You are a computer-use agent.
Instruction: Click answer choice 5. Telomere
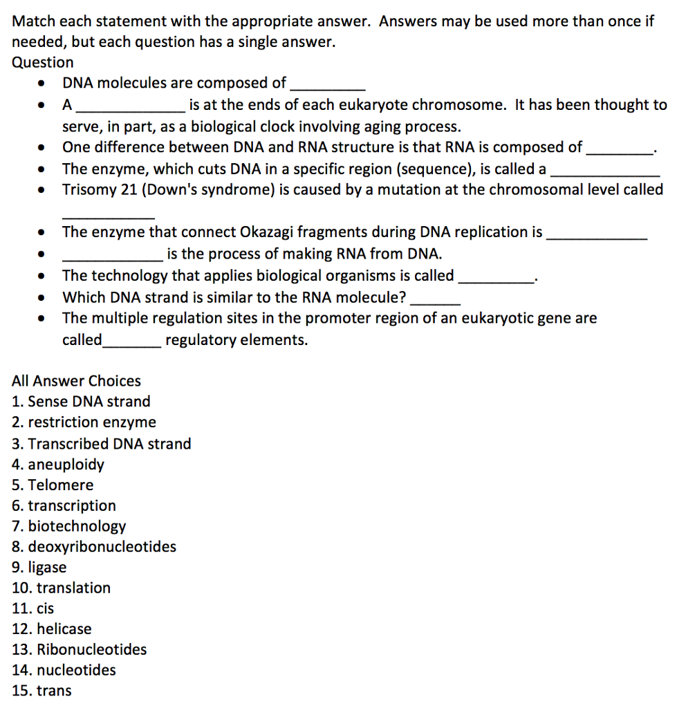pos(53,485)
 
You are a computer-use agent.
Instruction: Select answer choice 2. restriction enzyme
pos(84,422)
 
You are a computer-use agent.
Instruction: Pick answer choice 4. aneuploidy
pos(58,464)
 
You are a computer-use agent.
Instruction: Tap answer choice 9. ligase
pos(39,568)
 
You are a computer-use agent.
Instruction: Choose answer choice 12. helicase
pos(52,629)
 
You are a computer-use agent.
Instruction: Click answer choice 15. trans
pos(41,691)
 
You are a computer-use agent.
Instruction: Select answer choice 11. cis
pos(33,608)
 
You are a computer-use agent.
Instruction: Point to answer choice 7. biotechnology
pos(69,526)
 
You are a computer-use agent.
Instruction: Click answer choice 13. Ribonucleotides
pos(80,650)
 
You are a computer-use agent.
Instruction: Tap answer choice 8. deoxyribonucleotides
pos(94,547)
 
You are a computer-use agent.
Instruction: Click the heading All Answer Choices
pos(76,381)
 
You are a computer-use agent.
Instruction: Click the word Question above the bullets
pos(43,62)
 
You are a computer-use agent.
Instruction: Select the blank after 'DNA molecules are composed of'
pos(327,88)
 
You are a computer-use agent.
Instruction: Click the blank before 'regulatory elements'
pos(132,345)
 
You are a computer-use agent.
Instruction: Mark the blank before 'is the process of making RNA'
pos(113,259)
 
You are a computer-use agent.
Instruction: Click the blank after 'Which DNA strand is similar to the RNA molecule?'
pos(435,303)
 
